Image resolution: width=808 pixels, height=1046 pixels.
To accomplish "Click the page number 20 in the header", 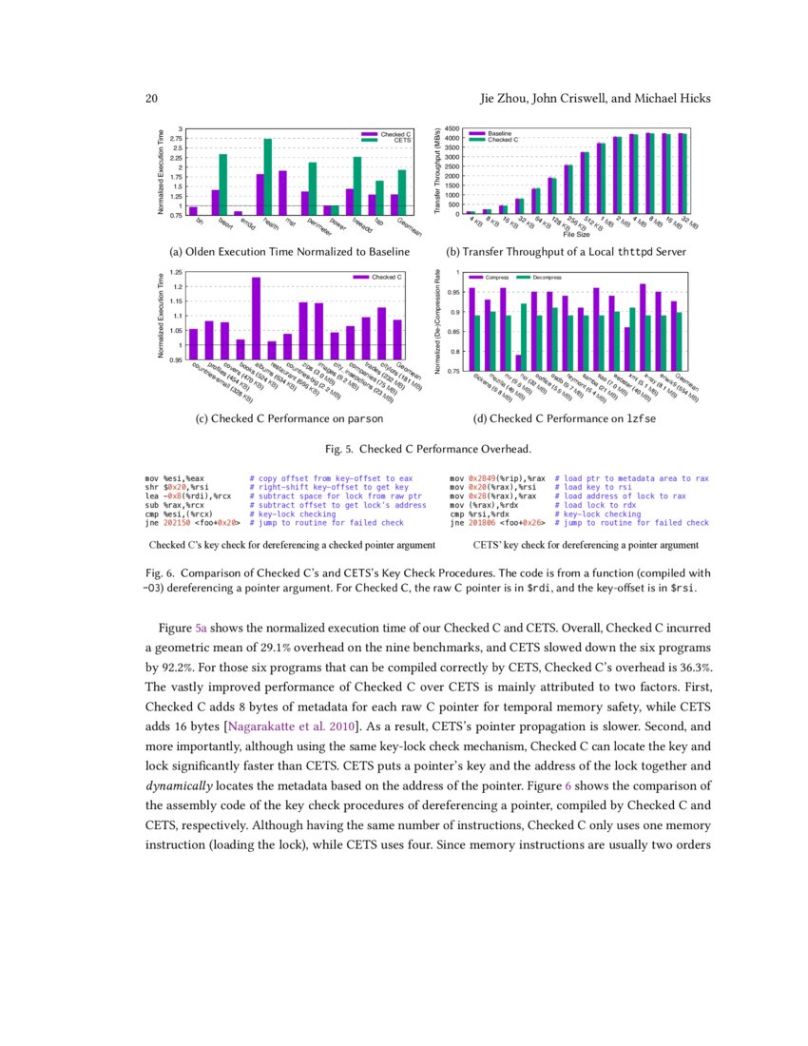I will [150, 99].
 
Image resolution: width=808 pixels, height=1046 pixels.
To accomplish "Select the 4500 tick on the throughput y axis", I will [452, 128].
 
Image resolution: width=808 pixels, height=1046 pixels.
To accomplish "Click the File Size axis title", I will [577, 235].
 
